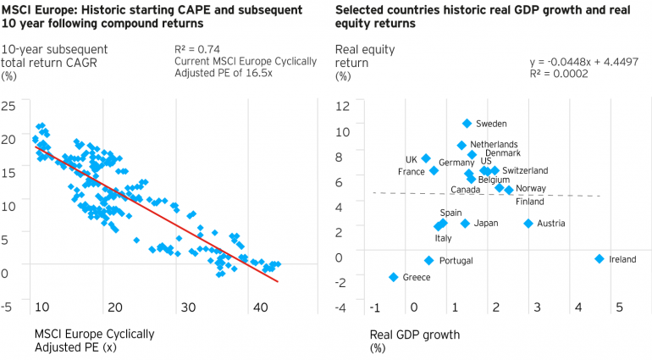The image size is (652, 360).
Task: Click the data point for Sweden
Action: click(467, 124)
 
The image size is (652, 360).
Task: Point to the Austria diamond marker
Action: click(528, 224)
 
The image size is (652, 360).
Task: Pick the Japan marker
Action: click(465, 224)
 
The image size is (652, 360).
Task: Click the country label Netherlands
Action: click(494, 145)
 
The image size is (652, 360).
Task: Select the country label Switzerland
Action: click(525, 171)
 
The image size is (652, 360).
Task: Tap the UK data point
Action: click(426, 158)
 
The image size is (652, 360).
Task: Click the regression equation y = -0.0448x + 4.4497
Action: click(579, 62)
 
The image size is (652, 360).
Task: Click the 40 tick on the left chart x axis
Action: click(261, 307)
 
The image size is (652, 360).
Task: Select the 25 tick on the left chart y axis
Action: click(9, 106)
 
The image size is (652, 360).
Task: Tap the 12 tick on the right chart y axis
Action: click(343, 106)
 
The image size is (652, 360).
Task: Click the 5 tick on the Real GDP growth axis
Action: click(619, 307)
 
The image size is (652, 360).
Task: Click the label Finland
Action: click(529, 202)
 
